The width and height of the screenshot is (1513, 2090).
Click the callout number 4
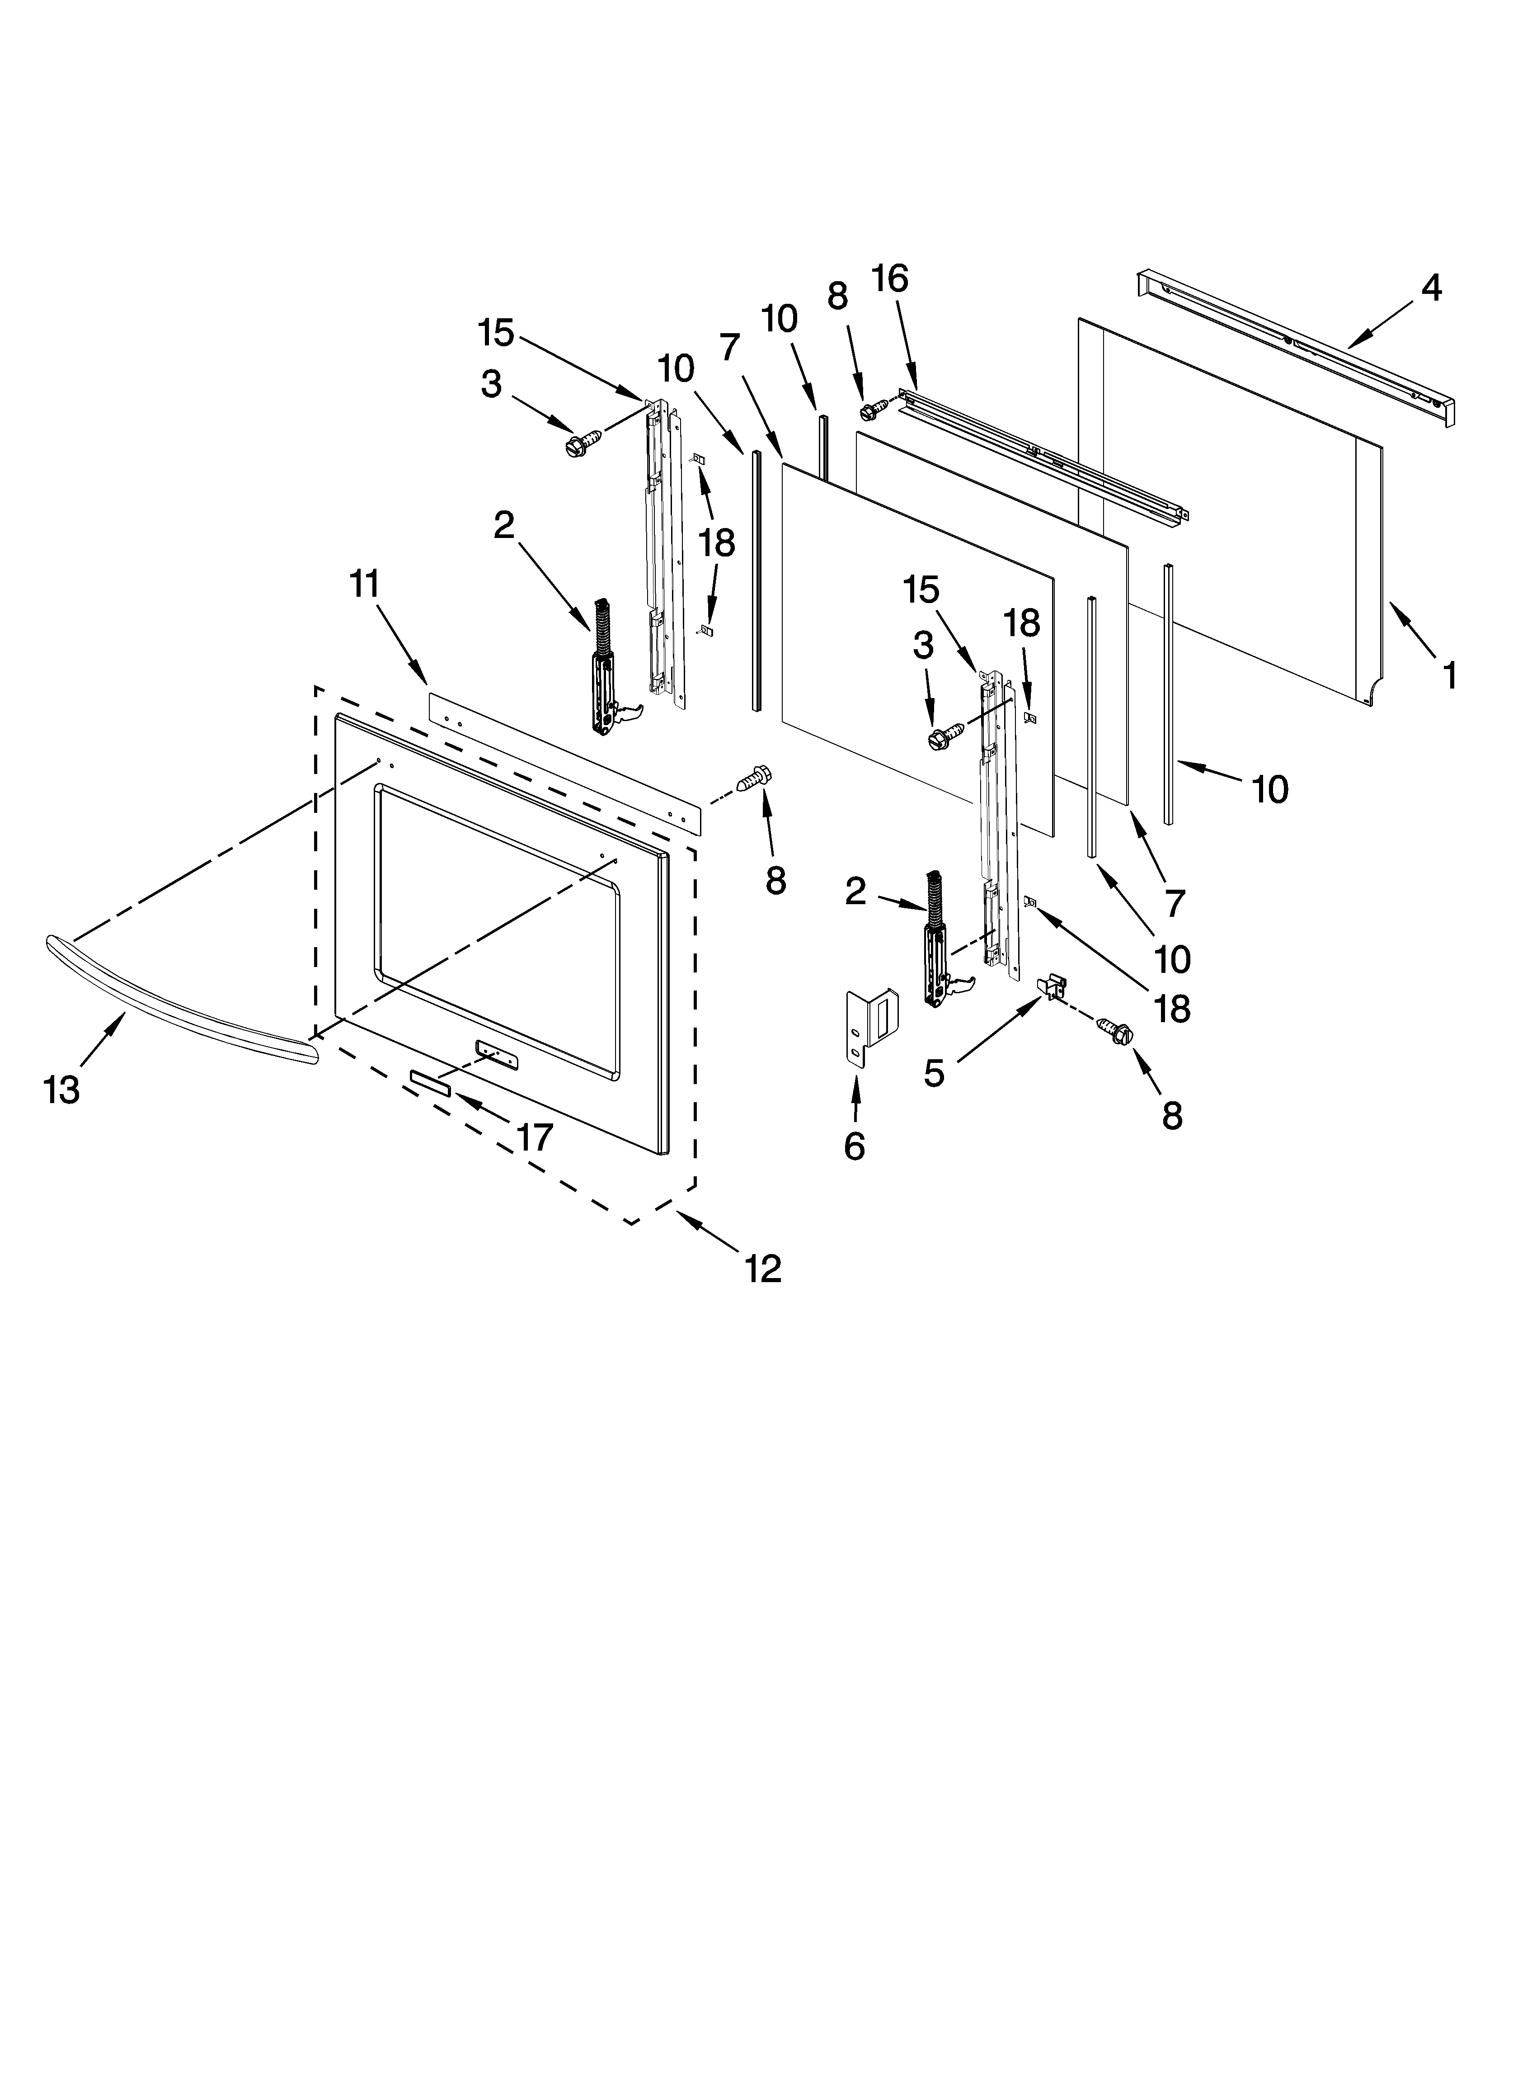click(x=1430, y=288)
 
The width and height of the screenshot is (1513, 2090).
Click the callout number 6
click(x=854, y=1146)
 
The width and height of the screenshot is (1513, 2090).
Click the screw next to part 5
click(x=1115, y=1030)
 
